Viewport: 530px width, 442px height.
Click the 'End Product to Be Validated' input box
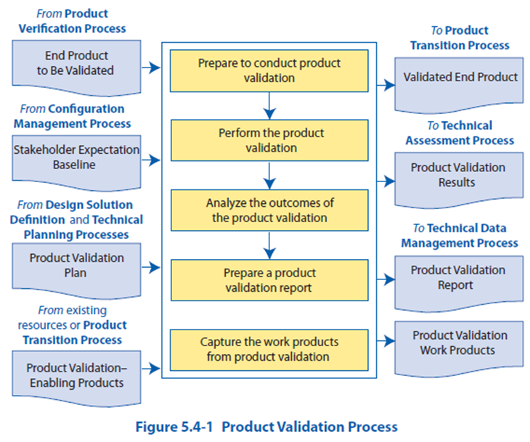[76, 63]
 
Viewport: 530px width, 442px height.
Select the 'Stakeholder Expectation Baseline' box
[76, 158]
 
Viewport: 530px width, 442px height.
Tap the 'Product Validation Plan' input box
[76, 266]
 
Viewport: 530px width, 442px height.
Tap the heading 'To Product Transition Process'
[460, 38]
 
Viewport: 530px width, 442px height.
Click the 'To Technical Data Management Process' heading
[460, 235]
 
